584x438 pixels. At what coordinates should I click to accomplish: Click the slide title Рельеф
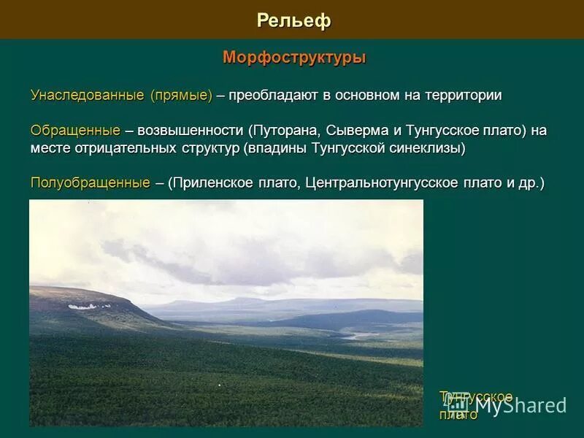pos(293,20)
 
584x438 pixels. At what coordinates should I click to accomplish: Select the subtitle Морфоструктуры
pos(293,57)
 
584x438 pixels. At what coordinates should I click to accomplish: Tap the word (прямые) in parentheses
pos(181,96)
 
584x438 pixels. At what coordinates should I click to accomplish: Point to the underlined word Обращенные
pos(75,131)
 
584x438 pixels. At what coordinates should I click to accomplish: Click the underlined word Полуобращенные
pos(91,182)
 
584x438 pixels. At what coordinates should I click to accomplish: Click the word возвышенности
pos(189,131)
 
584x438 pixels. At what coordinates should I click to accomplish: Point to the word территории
pos(459,96)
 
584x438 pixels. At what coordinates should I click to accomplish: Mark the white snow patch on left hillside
pos(89,307)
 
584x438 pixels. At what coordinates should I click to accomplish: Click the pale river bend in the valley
pos(356,336)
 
